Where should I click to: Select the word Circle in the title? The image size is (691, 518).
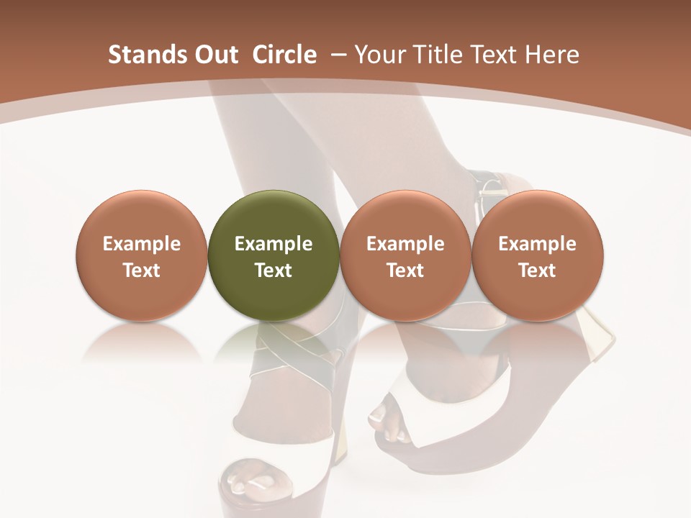pyautogui.click(x=284, y=55)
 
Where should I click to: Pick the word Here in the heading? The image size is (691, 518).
pyautogui.click(x=552, y=55)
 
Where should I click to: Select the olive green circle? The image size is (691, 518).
pyautogui.click(x=274, y=255)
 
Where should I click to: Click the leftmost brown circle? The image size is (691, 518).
pyautogui.click(x=142, y=255)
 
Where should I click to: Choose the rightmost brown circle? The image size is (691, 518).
pyautogui.click(x=538, y=255)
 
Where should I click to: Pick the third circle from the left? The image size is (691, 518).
pyautogui.click(x=405, y=255)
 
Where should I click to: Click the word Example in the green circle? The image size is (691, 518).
pyautogui.click(x=274, y=244)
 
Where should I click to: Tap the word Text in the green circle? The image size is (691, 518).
pyautogui.click(x=274, y=271)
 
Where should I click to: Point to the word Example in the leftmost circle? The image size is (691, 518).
pyautogui.click(x=142, y=244)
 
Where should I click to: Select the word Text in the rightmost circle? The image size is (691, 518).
pyautogui.click(x=538, y=271)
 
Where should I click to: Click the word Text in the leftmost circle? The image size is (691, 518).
pyautogui.click(x=142, y=271)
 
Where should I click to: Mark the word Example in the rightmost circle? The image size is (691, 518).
pyautogui.click(x=538, y=244)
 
